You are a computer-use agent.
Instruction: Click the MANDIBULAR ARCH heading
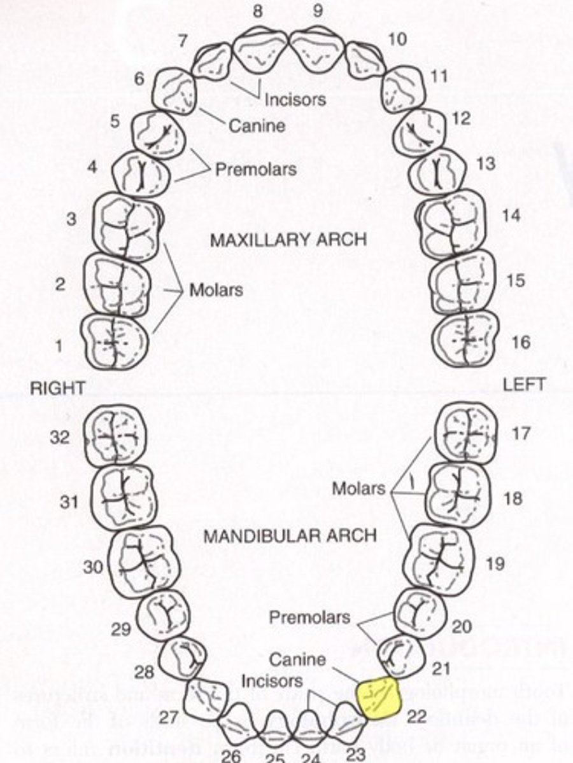pyautogui.click(x=290, y=535)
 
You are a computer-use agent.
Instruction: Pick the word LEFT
pyautogui.click(x=523, y=384)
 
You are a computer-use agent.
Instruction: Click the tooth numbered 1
pyautogui.click(x=115, y=342)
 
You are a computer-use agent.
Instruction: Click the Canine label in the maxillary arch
pyautogui.click(x=257, y=126)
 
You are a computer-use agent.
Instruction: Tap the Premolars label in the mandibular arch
pyautogui.click(x=309, y=617)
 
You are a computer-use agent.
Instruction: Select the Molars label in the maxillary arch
pyautogui.click(x=216, y=290)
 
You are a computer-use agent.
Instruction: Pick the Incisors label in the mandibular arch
pyautogui.click(x=272, y=681)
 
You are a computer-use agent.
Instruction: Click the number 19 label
pyautogui.click(x=495, y=563)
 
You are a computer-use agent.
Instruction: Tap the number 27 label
pyautogui.click(x=168, y=718)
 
